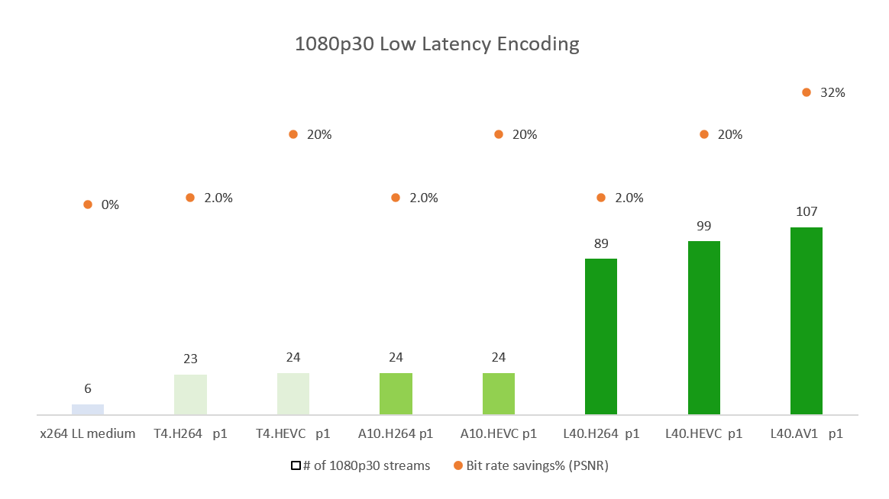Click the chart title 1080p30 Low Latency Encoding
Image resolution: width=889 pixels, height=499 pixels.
click(x=437, y=44)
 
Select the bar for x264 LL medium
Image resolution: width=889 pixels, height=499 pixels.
click(x=88, y=410)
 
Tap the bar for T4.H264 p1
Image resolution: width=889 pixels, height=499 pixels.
click(x=190, y=394)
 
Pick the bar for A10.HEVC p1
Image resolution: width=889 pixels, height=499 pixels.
click(x=499, y=394)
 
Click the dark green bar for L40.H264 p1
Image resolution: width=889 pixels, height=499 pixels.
click(x=601, y=336)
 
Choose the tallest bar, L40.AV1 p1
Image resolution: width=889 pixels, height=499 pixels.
click(x=807, y=321)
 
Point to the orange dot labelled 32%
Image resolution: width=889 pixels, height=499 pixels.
click(x=807, y=92)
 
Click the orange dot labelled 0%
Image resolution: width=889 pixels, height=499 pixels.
click(x=88, y=204)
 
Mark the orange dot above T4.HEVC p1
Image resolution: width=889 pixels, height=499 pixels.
click(x=293, y=134)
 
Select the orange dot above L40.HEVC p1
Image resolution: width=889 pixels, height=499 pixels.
click(x=704, y=134)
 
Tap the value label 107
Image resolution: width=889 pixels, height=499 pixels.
click(x=807, y=211)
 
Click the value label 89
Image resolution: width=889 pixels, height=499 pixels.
click(x=601, y=243)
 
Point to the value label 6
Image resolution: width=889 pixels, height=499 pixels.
click(x=88, y=388)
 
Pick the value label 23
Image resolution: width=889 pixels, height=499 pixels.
click(x=190, y=359)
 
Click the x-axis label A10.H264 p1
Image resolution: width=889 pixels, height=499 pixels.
click(x=396, y=433)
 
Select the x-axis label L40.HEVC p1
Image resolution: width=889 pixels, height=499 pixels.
click(x=704, y=433)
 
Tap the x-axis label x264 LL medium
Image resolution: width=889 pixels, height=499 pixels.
click(x=88, y=433)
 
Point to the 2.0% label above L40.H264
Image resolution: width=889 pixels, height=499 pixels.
click(x=629, y=198)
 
